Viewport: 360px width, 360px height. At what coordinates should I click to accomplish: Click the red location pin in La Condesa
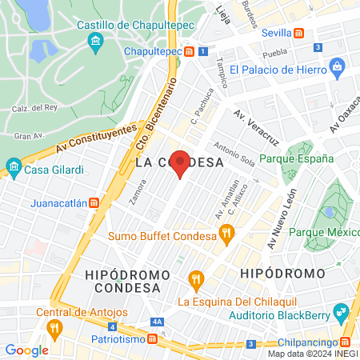(182, 162)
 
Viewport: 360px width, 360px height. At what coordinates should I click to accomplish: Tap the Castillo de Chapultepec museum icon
(95, 41)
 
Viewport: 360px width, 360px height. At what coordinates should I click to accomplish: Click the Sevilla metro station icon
(298, 34)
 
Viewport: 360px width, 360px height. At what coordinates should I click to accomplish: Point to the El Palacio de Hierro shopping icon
(337, 66)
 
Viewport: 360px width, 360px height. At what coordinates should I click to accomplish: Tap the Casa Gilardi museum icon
(13, 168)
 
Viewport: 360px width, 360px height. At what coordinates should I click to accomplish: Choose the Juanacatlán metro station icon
(94, 203)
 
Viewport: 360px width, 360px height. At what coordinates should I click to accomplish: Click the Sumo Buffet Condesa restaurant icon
(227, 234)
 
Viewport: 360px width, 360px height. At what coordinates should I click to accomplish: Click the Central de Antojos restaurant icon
(54, 327)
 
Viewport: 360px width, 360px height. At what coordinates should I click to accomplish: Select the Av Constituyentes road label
(86, 139)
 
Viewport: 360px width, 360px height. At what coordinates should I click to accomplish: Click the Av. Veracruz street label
(256, 127)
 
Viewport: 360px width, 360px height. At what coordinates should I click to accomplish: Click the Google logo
(26, 350)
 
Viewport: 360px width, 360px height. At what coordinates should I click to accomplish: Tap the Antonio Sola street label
(234, 155)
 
